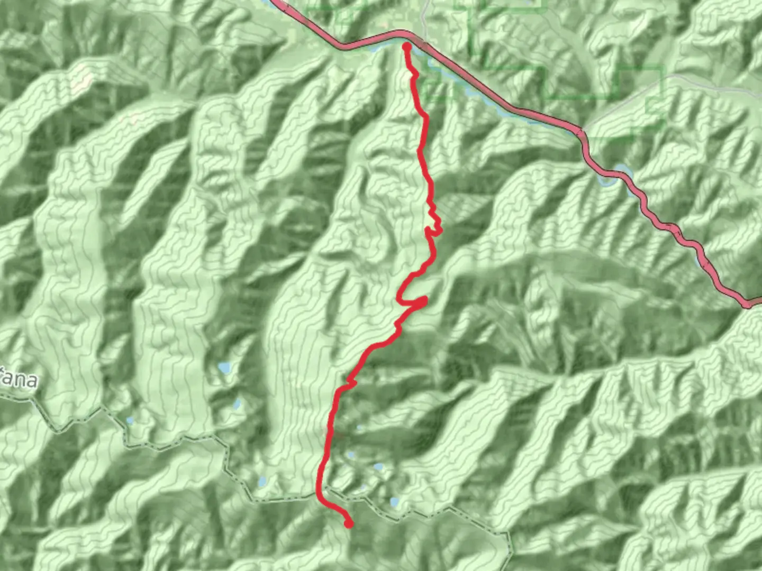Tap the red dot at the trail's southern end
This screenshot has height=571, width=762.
[349, 523]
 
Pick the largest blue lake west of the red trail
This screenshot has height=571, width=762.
[224, 367]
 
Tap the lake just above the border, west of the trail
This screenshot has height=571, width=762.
[262, 482]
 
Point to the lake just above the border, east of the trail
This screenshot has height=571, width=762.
[394, 501]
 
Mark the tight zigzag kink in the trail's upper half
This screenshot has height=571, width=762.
[436, 224]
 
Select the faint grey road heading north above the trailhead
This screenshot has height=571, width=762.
[424, 16]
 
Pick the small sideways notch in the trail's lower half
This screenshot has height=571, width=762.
[351, 381]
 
